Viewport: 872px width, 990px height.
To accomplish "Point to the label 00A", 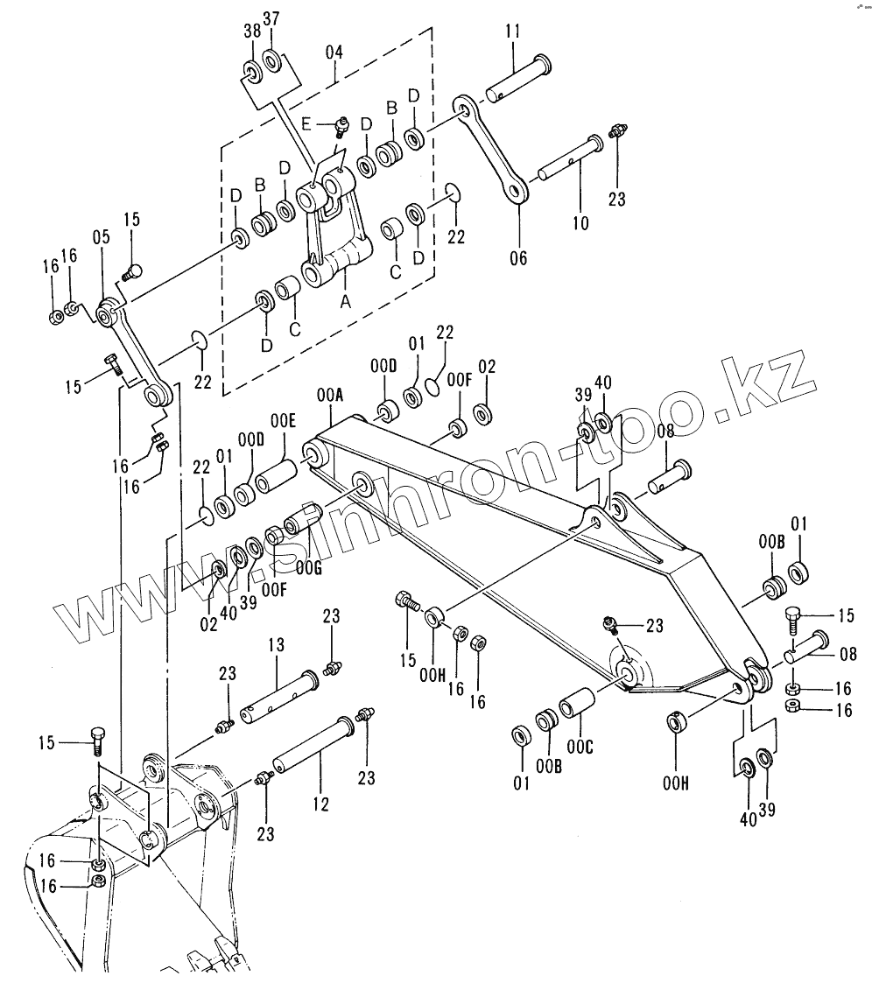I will [329, 397].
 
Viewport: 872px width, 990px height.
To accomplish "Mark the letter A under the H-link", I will [345, 300].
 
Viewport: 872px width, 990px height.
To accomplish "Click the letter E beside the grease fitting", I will [306, 123].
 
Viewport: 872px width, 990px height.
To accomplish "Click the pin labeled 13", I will [277, 694].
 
